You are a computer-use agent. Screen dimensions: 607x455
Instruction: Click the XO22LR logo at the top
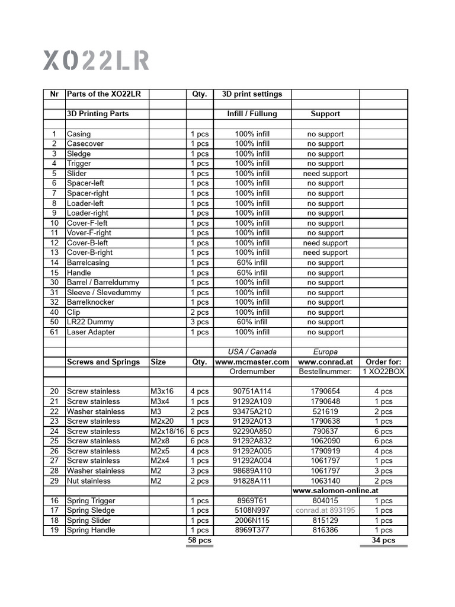click(x=96, y=60)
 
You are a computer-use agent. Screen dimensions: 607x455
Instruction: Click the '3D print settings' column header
click(x=252, y=94)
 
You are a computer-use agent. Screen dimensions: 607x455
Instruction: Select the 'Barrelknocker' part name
click(x=91, y=302)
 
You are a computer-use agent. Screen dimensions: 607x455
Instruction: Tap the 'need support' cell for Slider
click(x=325, y=174)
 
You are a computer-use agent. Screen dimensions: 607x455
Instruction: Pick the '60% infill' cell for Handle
click(x=252, y=273)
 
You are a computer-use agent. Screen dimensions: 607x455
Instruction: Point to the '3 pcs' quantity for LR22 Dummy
click(x=199, y=322)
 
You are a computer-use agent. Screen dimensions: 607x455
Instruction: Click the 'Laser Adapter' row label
click(x=91, y=332)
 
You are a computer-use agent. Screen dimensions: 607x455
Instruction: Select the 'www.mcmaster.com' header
click(x=252, y=362)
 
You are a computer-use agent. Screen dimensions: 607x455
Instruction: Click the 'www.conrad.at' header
click(x=325, y=362)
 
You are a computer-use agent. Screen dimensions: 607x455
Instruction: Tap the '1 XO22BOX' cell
click(x=383, y=372)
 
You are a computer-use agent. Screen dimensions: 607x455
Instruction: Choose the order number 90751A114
click(x=252, y=392)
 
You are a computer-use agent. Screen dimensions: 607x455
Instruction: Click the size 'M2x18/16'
click(x=168, y=432)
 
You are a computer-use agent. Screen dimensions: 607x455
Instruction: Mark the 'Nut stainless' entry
click(x=89, y=481)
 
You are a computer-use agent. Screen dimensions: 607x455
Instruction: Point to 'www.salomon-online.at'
click(x=335, y=491)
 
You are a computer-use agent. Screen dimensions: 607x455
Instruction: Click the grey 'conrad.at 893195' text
click(x=325, y=510)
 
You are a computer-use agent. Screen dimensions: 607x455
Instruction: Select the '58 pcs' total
click(x=199, y=541)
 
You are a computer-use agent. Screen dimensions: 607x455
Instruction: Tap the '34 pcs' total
click(x=383, y=541)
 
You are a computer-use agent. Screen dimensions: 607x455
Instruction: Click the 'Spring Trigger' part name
click(x=91, y=501)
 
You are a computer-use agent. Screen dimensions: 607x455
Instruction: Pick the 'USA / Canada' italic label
click(x=252, y=352)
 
